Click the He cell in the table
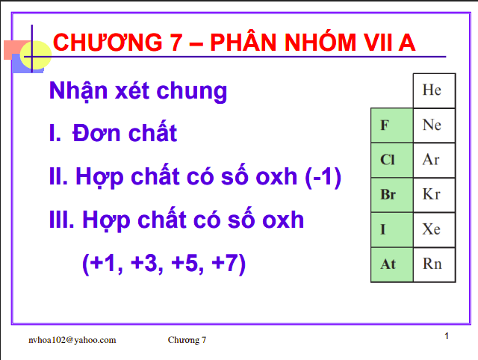pos(432,90)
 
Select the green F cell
pos(391,125)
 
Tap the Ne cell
pos(432,125)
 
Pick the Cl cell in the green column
pos(391,160)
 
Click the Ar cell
pos(432,160)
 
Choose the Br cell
pos(391,195)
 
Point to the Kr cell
pos(432,195)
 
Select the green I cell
pos(391,229)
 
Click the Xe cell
pos(432,229)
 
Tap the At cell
pos(391,264)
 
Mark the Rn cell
pos(432,264)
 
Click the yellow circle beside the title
pos(35,55)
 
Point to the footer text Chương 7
pos(187,340)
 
